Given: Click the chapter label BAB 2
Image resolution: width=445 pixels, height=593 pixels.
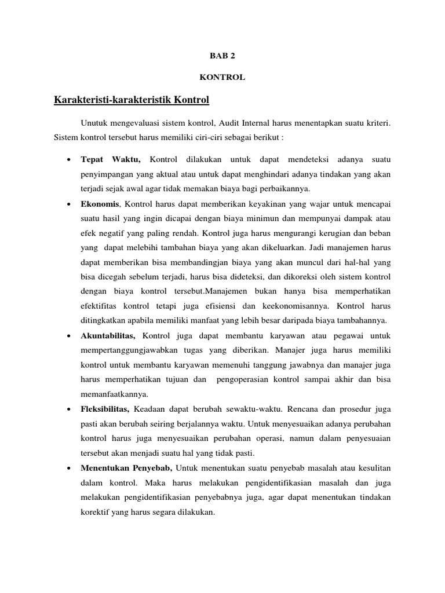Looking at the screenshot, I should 222,56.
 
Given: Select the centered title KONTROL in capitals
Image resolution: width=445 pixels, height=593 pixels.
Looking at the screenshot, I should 222,77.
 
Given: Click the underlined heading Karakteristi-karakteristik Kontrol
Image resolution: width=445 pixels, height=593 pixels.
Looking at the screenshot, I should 131,100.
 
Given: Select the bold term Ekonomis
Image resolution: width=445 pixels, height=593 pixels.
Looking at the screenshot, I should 100,204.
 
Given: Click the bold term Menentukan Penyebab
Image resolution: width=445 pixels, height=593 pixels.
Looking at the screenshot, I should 126,467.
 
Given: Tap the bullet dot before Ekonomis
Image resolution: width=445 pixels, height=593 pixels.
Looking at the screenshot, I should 68,204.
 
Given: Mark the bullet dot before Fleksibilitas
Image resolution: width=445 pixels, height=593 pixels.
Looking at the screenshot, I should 68,409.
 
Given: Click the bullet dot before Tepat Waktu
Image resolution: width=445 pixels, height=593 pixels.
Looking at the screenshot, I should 68,159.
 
